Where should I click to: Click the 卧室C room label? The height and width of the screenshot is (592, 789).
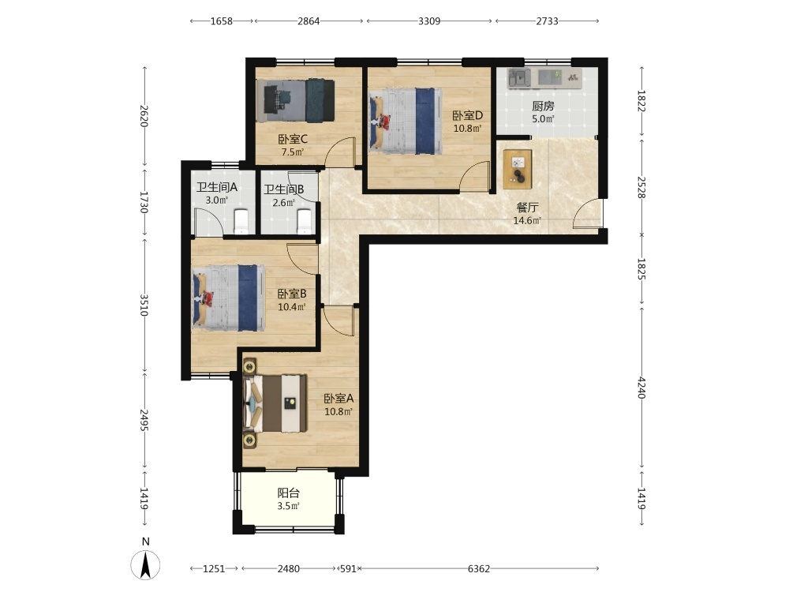click(293, 140)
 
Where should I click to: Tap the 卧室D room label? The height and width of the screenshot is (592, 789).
click(467, 116)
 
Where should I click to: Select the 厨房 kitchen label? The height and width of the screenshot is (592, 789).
click(543, 107)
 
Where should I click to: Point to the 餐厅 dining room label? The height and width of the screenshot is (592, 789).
click(527, 208)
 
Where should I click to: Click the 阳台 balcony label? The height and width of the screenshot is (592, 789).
click(288, 493)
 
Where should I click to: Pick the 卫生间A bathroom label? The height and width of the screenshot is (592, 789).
click(217, 187)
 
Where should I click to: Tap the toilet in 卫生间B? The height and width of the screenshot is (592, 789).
click(305, 222)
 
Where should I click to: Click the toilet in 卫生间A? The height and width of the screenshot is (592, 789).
click(241, 222)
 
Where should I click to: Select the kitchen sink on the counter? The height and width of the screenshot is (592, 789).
click(518, 78)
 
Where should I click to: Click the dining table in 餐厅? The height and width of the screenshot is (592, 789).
click(518, 169)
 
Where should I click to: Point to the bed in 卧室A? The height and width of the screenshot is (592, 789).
click(275, 403)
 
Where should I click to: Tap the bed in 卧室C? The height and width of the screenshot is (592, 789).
click(295, 100)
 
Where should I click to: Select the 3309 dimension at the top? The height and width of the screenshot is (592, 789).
click(429, 21)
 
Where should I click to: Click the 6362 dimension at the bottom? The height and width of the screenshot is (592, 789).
click(479, 569)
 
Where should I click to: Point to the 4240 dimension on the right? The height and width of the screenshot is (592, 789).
click(641, 388)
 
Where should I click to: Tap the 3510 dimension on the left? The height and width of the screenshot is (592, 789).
click(144, 305)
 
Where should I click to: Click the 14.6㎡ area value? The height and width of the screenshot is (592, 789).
click(527, 220)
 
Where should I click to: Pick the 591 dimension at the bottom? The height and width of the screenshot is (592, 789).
click(348, 569)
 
